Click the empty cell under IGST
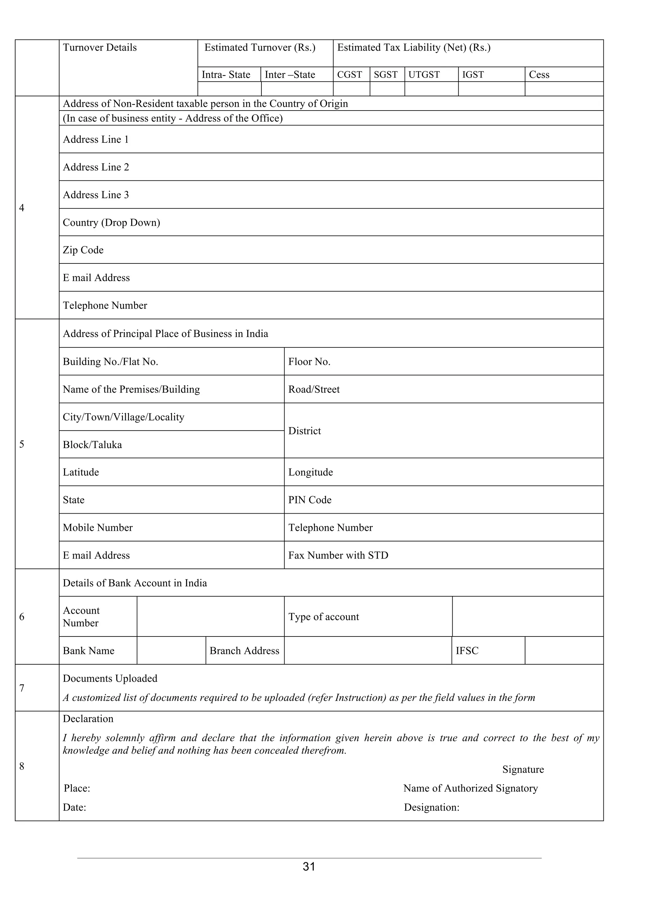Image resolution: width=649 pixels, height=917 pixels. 491,89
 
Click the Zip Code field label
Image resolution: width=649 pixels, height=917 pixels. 83,250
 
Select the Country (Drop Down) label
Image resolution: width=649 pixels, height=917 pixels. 111,223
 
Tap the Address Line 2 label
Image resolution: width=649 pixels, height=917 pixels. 96,167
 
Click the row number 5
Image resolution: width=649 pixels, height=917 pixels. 22,444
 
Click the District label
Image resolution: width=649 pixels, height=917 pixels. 305,431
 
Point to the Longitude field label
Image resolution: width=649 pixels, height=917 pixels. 311,472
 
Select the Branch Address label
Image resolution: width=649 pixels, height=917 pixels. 244,651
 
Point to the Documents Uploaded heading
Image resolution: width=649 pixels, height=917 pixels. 110,679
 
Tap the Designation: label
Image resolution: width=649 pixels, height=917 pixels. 432,807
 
